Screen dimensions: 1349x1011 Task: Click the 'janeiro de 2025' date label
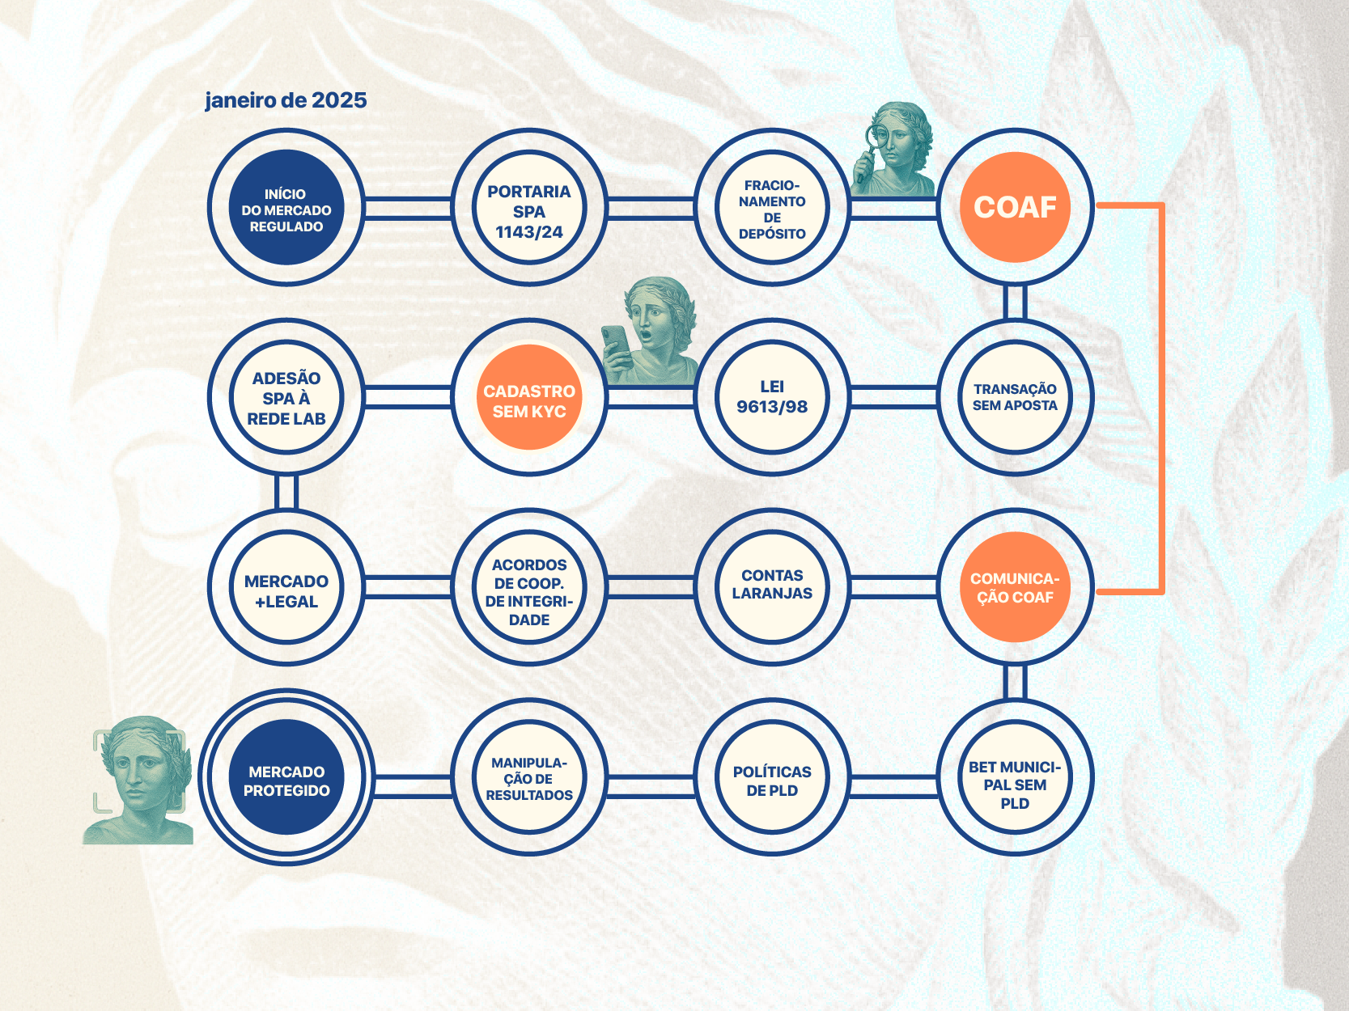click(x=286, y=100)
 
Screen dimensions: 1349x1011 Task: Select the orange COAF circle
click(x=1015, y=207)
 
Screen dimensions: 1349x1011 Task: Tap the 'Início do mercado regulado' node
click(x=286, y=208)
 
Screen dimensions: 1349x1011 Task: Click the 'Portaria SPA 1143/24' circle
click(x=529, y=208)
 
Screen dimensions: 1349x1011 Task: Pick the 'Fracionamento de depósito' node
click(x=772, y=208)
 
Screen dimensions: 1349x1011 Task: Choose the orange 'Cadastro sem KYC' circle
click(x=529, y=398)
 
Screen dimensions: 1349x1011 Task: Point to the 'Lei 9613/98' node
click(x=772, y=397)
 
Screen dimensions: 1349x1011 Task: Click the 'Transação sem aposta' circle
click(x=1015, y=397)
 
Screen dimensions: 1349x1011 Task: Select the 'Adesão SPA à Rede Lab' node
click(x=286, y=397)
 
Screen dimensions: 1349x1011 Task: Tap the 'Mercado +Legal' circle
click(x=286, y=588)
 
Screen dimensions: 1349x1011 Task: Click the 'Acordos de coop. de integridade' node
click(x=529, y=588)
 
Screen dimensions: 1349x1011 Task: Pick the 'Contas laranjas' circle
click(x=772, y=586)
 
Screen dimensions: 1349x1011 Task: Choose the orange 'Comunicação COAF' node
click(x=1015, y=587)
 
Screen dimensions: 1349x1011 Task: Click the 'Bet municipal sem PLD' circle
click(x=1015, y=778)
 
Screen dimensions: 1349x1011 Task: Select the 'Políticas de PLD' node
click(x=772, y=778)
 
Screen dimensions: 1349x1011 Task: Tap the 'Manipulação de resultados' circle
click(x=529, y=778)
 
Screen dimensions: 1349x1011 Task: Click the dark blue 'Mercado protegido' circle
click(x=286, y=778)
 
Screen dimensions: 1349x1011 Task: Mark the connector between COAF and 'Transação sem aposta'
click(x=1015, y=302)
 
